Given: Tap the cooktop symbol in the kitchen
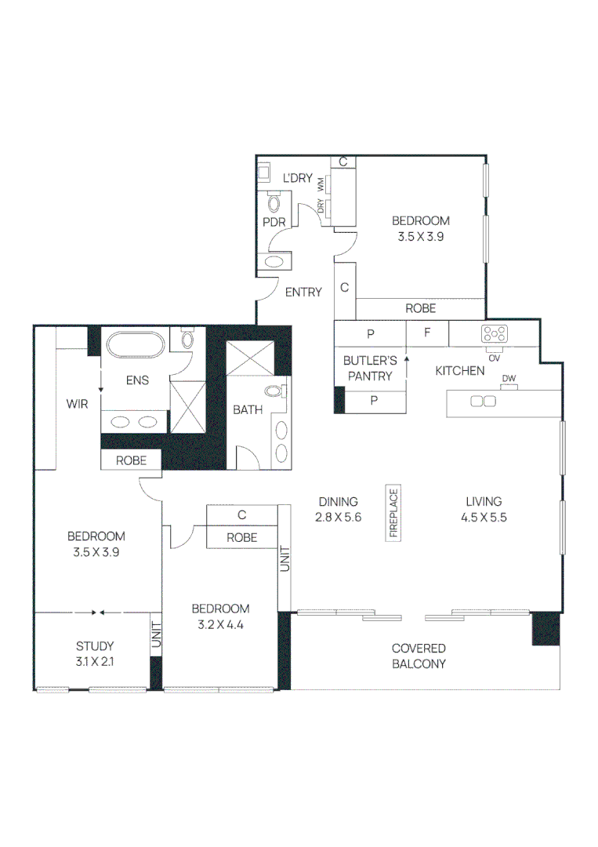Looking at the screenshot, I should pyautogui.click(x=495, y=333).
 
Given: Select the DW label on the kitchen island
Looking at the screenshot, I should pyautogui.click(x=509, y=380).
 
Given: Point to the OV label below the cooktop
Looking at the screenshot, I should pyautogui.click(x=495, y=358).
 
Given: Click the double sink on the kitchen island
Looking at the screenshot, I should pyautogui.click(x=482, y=402).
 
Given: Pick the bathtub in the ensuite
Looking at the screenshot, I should pyautogui.click(x=136, y=346).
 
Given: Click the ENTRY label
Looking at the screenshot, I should pyautogui.click(x=303, y=293).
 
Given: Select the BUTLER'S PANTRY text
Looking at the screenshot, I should pyautogui.click(x=370, y=368).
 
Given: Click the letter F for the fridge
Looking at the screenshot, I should pyautogui.click(x=427, y=332).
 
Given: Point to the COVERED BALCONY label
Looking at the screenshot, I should pyautogui.click(x=419, y=656).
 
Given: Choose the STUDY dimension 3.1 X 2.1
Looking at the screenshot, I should pyautogui.click(x=95, y=661).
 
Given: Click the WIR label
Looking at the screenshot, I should pyautogui.click(x=77, y=404).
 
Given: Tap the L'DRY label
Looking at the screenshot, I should pyautogui.click(x=298, y=178).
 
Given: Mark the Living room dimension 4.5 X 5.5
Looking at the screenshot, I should pyautogui.click(x=483, y=517).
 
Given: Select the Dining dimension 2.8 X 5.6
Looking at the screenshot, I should pyautogui.click(x=339, y=517).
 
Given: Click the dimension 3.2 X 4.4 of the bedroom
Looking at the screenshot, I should pyautogui.click(x=221, y=624).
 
